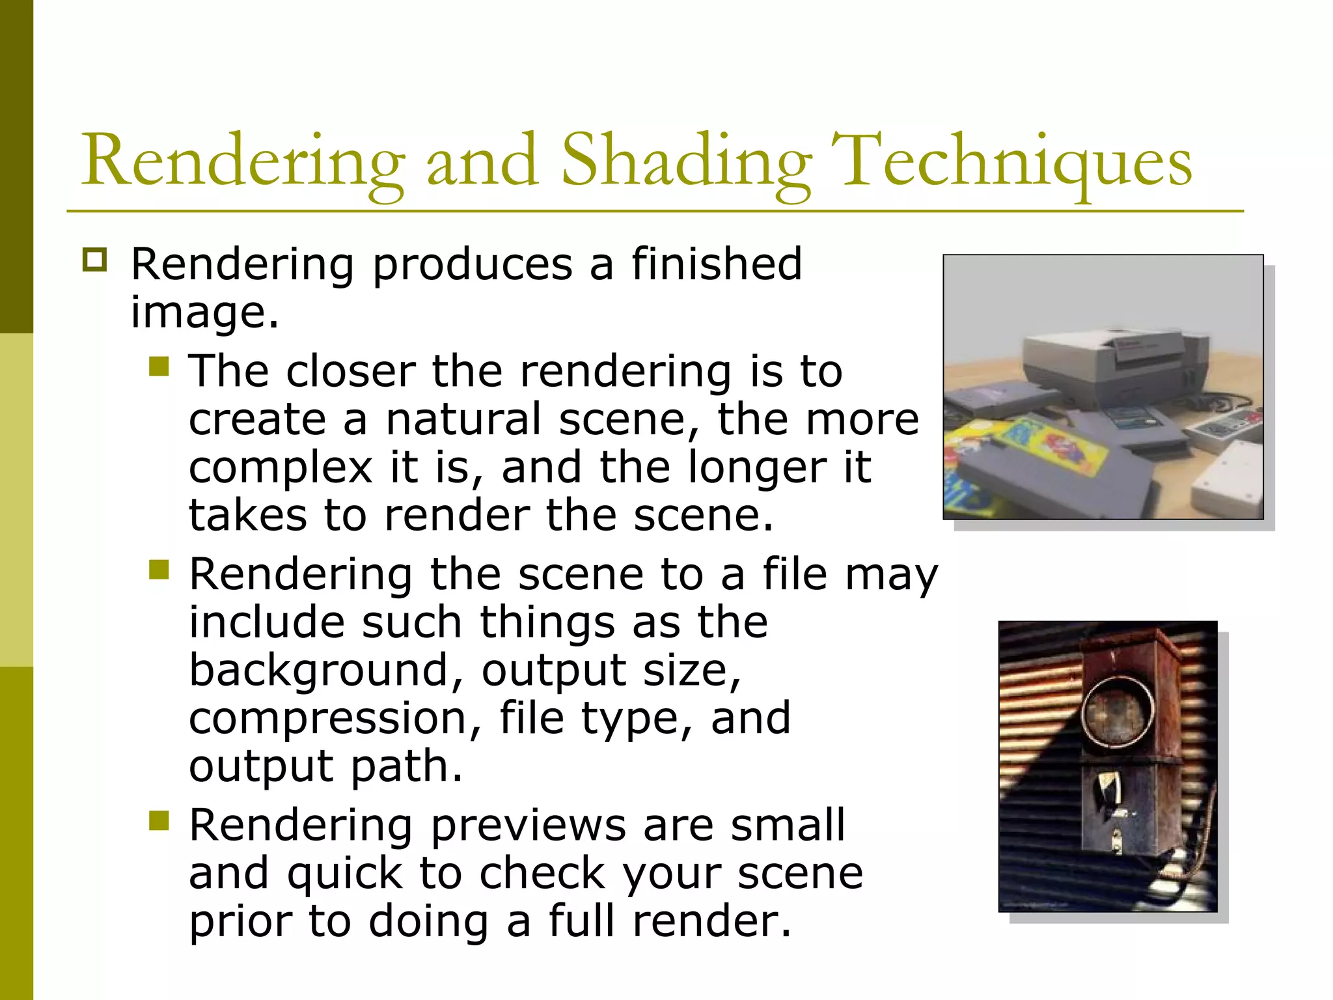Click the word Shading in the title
tap(686, 161)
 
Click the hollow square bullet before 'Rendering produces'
tap(94, 260)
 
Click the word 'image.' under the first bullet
tap(204, 312)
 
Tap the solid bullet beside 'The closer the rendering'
tap(159, 367)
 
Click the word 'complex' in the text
tap(281, 469)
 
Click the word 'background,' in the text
tap(326, 671)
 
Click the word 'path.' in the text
tap(407, 766)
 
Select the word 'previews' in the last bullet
tap(528, 825)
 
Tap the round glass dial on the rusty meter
tap(1118, 711)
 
